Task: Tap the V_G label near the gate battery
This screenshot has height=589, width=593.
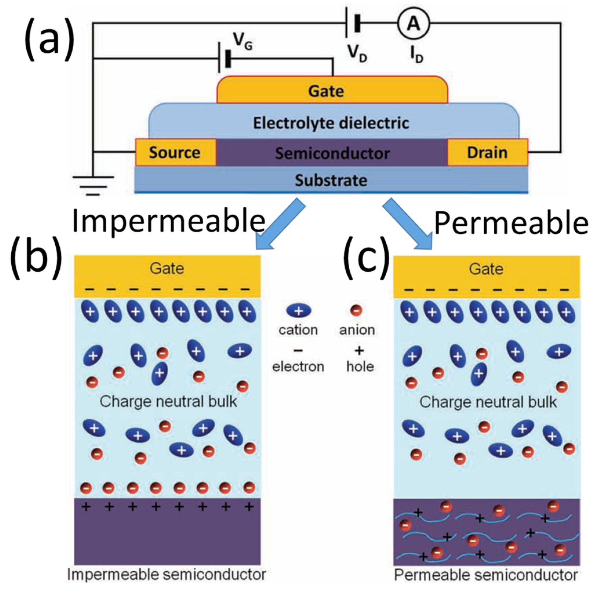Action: point(242,41)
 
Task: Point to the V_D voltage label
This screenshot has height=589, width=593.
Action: point(357,53)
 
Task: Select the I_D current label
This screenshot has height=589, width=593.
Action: point(416,54)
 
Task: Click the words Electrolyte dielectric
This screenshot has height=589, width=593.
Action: point(331,123)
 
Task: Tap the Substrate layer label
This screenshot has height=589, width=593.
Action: point(331,180)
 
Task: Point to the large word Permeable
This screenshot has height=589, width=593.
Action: point(511,224)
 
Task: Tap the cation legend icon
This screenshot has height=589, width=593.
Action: point(298,311)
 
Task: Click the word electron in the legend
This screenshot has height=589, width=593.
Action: point(298,366)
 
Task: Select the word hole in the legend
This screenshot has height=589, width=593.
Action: point(360,366)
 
